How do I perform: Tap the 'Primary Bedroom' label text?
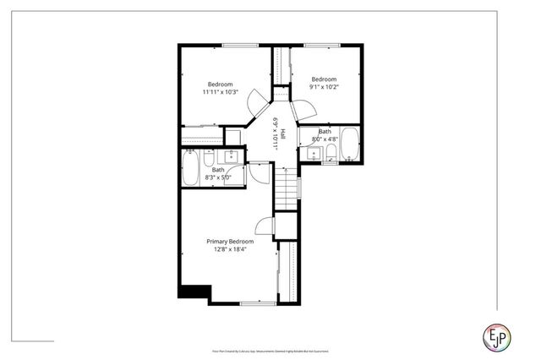click(230, 241)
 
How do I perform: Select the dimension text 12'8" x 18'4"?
click(230, 249)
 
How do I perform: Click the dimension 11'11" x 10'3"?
click(221, 92)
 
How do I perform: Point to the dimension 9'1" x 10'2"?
click(325, 87)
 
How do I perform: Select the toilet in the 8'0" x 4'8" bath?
click(331, 151)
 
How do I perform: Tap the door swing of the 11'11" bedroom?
click(256, 106)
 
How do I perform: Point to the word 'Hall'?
click(283, 133)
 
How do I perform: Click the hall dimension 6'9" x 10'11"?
click(276, 133)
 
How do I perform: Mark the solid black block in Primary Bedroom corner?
click(193, 291)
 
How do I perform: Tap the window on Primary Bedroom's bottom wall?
click(253, 303)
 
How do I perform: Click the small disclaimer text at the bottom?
click(270, 348)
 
